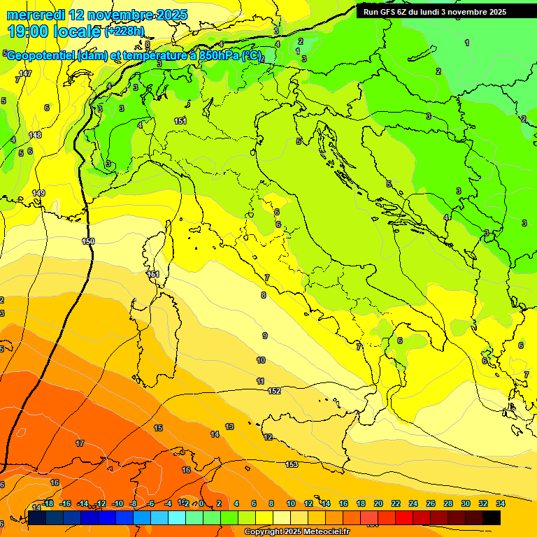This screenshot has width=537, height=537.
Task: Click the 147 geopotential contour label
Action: click(x=25, y=73)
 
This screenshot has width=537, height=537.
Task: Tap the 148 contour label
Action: click(x=35, y=135)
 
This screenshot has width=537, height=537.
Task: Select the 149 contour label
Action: click(x=38, y=193)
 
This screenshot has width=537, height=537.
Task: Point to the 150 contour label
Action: click(x=88, y=241)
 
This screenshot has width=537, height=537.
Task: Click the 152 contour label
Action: click(x=274, y=391)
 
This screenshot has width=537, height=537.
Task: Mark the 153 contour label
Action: click(x=292, y=464)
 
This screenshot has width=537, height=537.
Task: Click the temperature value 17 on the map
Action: click(x=80, y=444)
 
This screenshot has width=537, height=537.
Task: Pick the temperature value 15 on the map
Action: click(x=158, y=428)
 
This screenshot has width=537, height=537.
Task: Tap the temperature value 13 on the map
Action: click(x=229, y=427)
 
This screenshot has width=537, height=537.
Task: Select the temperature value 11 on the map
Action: click(x=260, y=381)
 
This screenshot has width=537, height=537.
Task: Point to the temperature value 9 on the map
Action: click(x=264, y=336)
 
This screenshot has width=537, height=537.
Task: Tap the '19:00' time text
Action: click(x=29, y=31)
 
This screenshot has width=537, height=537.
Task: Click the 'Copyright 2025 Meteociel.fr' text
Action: click(x=297, y=532)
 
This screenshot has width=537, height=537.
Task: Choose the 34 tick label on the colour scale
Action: click(x=501, y=503)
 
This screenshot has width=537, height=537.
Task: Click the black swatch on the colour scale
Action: click(x=492, y=518)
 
